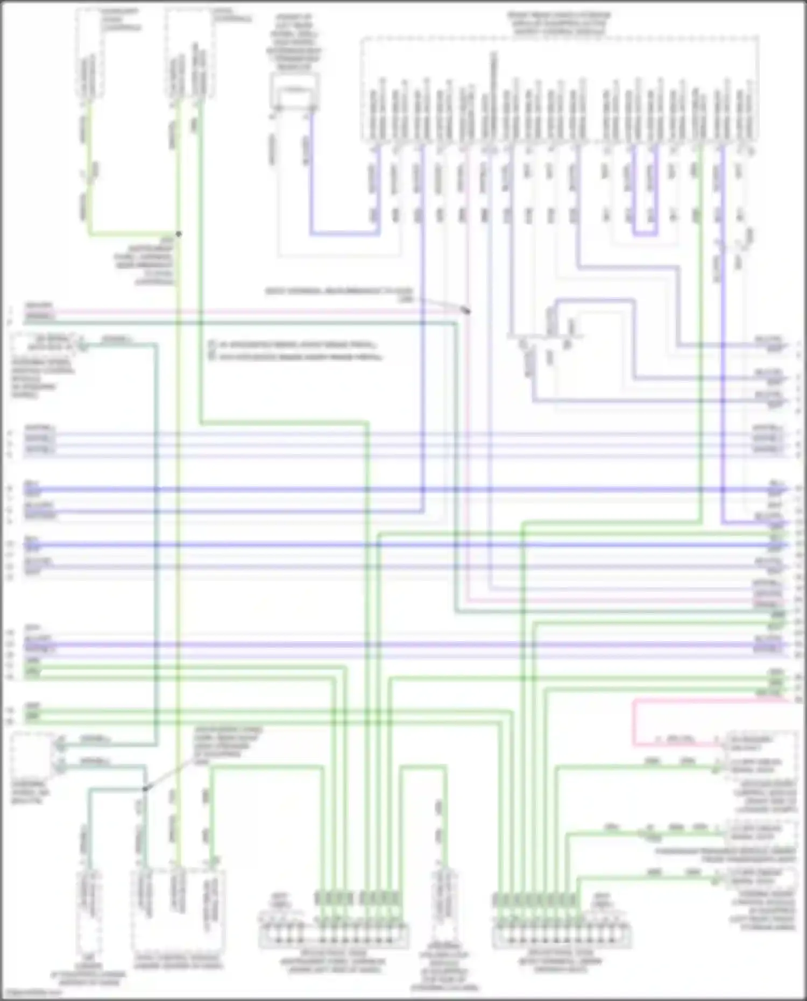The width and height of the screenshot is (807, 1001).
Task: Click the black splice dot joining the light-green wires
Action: click(x=179, y=234)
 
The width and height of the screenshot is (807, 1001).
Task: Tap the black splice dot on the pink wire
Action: click(x=468, y=311)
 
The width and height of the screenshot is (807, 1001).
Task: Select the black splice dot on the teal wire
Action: click(x=145, y=789)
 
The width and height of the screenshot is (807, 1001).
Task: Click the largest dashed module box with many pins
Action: click(x=560, y=89)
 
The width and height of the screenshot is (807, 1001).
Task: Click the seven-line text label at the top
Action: click(x=295, y=43)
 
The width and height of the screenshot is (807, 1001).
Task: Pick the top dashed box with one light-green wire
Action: click(x=90, y=54)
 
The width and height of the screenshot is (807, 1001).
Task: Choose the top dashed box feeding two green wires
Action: click(x=188, y=54)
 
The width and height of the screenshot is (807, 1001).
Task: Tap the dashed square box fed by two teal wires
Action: click(x=31, y=756)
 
